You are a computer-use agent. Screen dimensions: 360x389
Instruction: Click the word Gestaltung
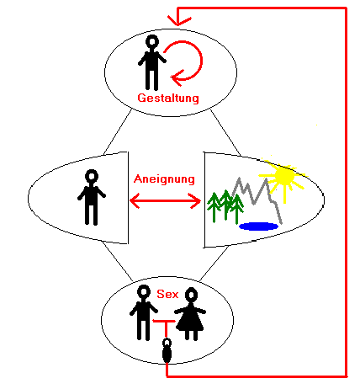click(x=168, y=98)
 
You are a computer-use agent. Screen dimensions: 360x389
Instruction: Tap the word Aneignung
click(x=164, y=179)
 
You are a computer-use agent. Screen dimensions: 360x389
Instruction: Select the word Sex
click(x=167, y=294)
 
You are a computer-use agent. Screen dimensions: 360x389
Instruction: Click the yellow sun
click(x=284, y=176)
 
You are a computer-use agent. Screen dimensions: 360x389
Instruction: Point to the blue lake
click(x=259, y=226)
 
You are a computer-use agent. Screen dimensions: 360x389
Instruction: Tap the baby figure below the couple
click(x=167, y=350)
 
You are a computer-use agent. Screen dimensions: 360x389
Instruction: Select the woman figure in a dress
click(x=190, y=314)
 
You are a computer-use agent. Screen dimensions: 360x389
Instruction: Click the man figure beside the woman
click(x=144, y=312)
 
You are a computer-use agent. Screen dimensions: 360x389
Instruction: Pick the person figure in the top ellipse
click(x=152, y=62)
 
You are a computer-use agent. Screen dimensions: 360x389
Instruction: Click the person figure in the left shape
click(x=92, y=197)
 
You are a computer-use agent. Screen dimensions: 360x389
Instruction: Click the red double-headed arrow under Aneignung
click(x=166, y=200)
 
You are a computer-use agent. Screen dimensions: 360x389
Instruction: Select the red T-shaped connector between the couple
click(x=166, y=326)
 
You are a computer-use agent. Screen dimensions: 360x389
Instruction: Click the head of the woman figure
click(x=191, y=295)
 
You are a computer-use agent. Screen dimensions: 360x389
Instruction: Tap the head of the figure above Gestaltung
click(x=152, y=41)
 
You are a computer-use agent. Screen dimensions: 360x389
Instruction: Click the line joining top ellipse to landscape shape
click(x=225, y=132)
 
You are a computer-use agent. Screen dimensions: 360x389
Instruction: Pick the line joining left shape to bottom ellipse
click(x=118, y=261)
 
